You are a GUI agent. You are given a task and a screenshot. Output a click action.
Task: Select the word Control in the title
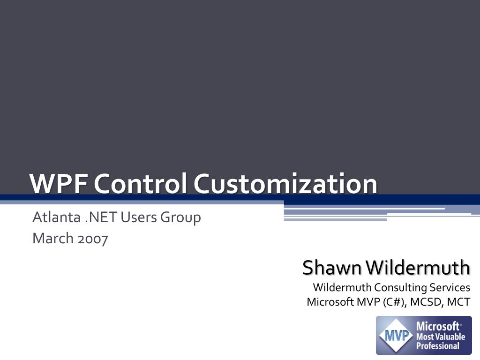(140, 183)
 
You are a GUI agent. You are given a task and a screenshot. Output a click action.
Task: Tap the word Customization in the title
(285, 183)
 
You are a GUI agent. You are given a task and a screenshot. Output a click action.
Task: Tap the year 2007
(93, 239)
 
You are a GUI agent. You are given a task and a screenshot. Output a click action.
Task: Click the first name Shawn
(332, 268)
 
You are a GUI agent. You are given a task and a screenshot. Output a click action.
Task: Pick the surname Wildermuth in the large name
(418, 268)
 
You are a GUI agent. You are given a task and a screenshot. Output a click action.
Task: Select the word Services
(450, 287)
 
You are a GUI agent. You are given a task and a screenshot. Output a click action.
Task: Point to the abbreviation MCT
(458, 302)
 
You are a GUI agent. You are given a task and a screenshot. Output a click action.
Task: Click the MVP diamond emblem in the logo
(395, 336)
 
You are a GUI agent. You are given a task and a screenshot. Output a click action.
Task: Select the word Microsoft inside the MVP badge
(438, 326)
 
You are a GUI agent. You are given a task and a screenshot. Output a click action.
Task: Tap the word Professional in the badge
(438, 346)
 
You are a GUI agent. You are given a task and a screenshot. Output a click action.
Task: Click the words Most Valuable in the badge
(441, 337)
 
